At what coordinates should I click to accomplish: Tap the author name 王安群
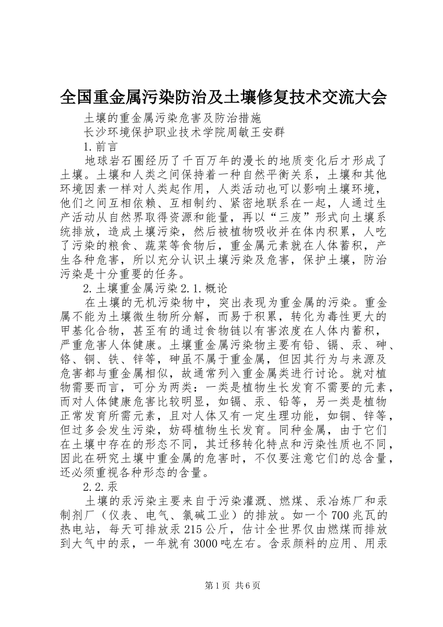coord(267,132)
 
